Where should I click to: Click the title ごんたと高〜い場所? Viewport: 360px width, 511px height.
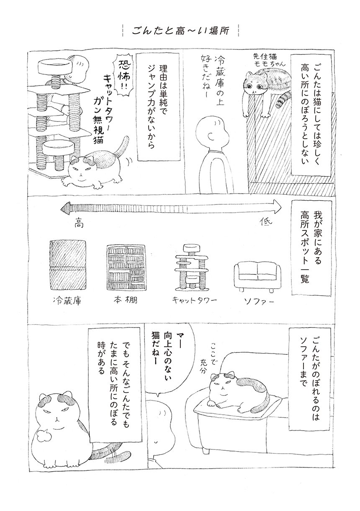click(180, 31)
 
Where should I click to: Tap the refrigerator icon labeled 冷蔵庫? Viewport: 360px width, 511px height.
click(68, 266)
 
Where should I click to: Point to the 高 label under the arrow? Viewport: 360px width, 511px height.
click(79, 225)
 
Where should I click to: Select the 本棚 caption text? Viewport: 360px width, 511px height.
click(125, 300)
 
